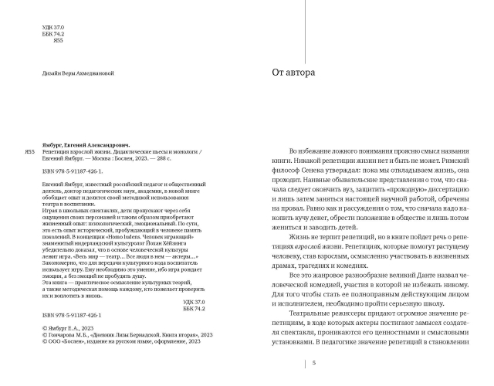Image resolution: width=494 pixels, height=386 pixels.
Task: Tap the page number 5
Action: click(x=313, y=364)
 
